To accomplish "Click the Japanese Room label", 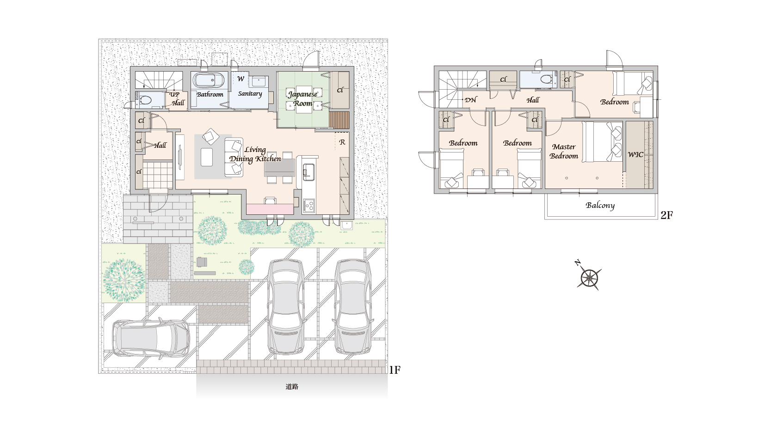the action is point(302,98).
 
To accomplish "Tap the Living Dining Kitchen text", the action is point(255,154).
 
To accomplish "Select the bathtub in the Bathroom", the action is point(209,80).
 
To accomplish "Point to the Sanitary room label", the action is point(250,93).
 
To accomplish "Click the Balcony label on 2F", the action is point(600,206).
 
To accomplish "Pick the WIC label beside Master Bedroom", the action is point(635,154).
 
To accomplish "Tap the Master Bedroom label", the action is point(564,152).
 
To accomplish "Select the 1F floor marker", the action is point(395,370).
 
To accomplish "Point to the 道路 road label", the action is point(292,387).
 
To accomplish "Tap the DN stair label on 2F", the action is point(470,100).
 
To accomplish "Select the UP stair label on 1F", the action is point(174,94).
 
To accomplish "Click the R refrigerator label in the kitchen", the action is point(342,142).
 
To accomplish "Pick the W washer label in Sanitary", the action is point(240,79).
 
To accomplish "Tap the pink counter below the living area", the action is point(270,209).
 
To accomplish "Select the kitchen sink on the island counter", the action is point(308,171).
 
